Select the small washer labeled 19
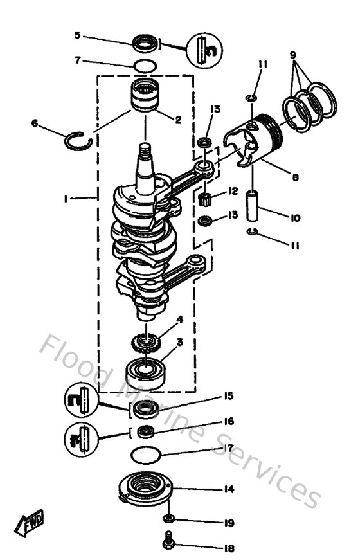pyautogui.click(x=168, y=519)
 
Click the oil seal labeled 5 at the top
pyautogui.click(x=145, y=44)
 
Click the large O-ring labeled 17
pyautogui.click(x=145, y=456)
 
